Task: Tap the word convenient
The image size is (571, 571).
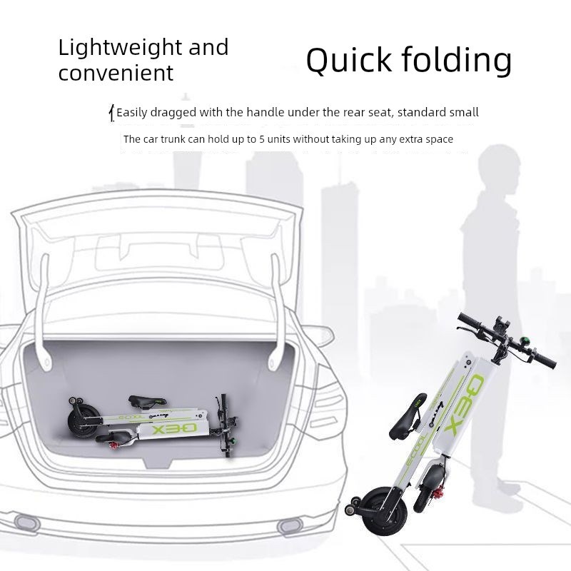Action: [x=116, y=72]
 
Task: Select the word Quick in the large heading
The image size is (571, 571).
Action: [x=348, y=61]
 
